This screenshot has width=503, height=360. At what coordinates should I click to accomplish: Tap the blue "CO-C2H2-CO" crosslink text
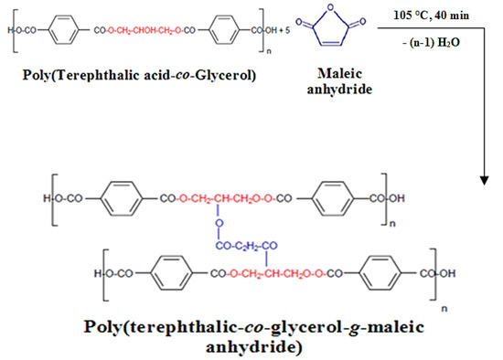pos(248,246)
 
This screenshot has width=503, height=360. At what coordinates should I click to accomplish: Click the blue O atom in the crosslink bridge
pos(220,222)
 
